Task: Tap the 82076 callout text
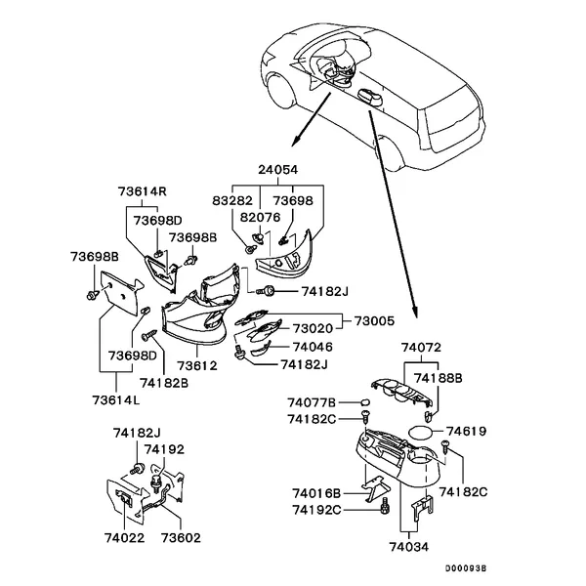pyautogui.click(x=261, y=216)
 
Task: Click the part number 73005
pyautogui.click(x=374, y=320)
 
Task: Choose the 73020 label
pyautogui.click(x=314, y=329)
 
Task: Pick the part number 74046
pyautogui.click(x=314, y=347)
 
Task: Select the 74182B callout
pyautogui.click(x=164, y=382)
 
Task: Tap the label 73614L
pyautogui.click(x=116, y=399)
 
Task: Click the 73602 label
pyautogui.click(x=181, y=537)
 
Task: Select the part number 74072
pyautogui.click(x=421, y=347)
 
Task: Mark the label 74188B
pyautogui.click(x=439, y=377)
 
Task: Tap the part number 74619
pyautogui.click(x=466, y=430)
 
